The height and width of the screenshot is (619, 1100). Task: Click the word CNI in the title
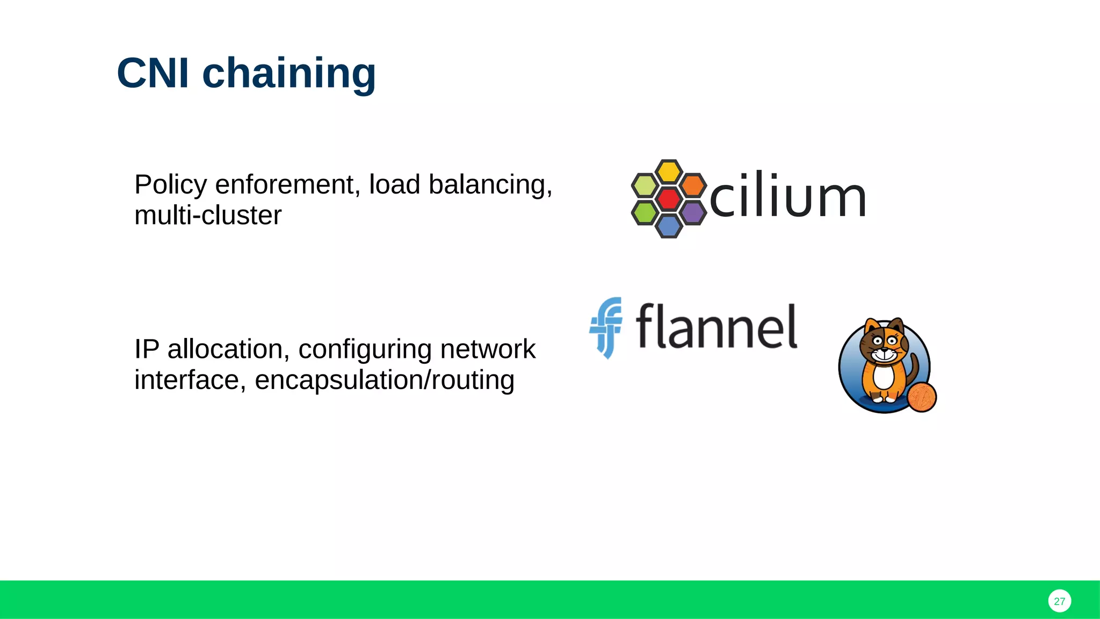pyautogui.click(x=153, y=73)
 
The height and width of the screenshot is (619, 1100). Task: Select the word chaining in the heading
pyautogui.click(x=289, y=74)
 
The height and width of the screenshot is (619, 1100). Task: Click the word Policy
pyautogui.click(x=170, y=185)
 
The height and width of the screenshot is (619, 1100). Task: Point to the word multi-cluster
pyautogui.click(x=208, y=215)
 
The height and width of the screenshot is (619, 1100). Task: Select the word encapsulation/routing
pyautogui.click(x=385, y=380)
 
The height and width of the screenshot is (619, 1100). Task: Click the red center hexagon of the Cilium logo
pyautogui.click(x=669, y=199)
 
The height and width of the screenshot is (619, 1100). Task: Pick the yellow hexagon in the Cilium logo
pyautogui.click(x=669, y=172)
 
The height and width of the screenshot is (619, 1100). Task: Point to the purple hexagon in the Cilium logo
pyautogui.click(x=692, y=213)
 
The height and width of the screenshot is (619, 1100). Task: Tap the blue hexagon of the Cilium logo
pyautogui.click(x=669, y=226)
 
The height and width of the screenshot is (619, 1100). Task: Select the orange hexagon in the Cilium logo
pyautogui.click(x=692, y=185)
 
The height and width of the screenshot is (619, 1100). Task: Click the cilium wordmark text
pyautogui.click(x=787, y=196)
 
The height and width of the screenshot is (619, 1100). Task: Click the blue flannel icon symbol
pyautogui.click(x=606, y=327)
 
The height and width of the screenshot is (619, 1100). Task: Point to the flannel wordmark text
pyautogui.click(x=717, y=327)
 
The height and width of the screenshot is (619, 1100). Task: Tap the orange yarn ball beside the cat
pyautogui.click(x=922, y=397)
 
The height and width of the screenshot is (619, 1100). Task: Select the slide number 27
pyautogui.click(x=1059, y=601)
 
